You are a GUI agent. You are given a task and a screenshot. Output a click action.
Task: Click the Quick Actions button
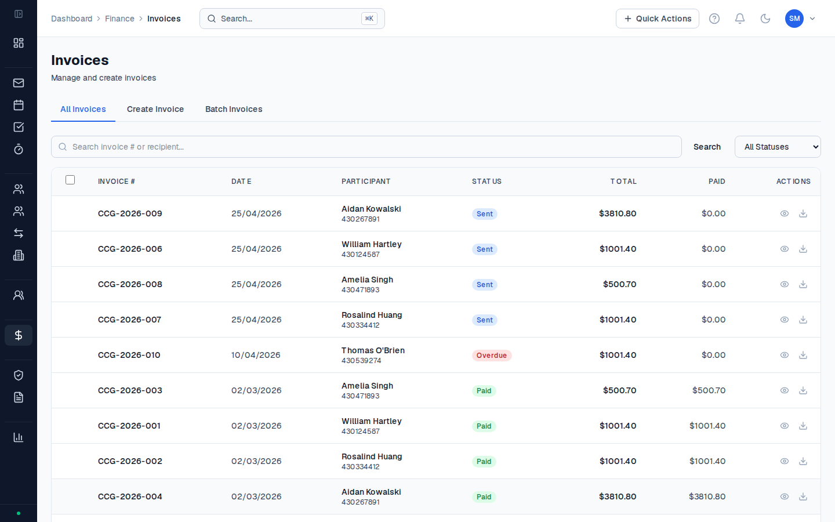pyautogui.click(x=657, y=19)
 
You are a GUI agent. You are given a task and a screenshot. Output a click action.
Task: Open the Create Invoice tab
pyautogui.click(x=155, y=109)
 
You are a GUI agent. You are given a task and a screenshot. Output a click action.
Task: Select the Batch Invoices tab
pyautogui.click(x=234, y=109)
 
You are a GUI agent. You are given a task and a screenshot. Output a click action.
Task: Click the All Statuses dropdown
pyautogui.click(x=778, y=147)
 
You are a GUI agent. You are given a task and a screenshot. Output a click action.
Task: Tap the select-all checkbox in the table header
pyautogui.click(x=70, y=180)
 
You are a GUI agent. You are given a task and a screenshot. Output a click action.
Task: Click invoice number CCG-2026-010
pyautogui.click(x=129, y=355)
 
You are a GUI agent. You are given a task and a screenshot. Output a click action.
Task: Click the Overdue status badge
pyautogui.click(x=492, y=356)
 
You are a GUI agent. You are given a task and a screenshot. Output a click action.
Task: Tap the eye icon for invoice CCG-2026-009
pyautogui.click(x=785, y=213)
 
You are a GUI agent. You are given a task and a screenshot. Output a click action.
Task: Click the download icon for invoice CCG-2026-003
pyautogui.click(x=803, y=390)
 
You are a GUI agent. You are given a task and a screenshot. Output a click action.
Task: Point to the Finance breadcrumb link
pyautogui.click(x=119, y=19)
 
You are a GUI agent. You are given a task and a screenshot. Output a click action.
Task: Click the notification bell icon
pyautogui.click(x=739, y=19)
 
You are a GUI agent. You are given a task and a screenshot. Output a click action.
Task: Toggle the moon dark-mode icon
pyautogui.click(x=765, y=19)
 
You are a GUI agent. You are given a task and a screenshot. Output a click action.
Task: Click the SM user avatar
pyautogui.click(x=794, y=19)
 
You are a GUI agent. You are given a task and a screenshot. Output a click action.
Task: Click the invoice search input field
pyautogui.click(x=366, y=147)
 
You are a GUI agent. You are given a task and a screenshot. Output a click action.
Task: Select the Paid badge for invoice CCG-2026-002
pyautogui.click(x=484, y=462)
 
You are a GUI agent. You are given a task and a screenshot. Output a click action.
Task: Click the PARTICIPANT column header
pyautogui.click(x=366, y=182)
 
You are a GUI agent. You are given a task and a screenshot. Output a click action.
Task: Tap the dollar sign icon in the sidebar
pyautogui.click(x=19, y=335)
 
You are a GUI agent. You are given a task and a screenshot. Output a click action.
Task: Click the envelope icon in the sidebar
pyautogui.click(x=19, y=83)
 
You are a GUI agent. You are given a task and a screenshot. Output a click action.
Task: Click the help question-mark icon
pyautogui.click(x=714, y=19)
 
